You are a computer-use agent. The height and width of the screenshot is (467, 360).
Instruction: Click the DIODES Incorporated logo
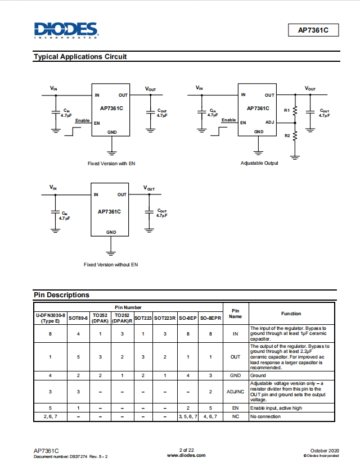66,30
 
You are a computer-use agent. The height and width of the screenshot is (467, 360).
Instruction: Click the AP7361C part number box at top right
313,30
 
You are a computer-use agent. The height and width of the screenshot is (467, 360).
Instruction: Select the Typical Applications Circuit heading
80,57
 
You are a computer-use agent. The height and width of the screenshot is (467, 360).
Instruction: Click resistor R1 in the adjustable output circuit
295,111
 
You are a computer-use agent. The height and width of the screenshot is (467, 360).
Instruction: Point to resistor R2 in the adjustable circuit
295,136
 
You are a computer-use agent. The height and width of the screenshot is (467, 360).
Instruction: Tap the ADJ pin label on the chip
269,122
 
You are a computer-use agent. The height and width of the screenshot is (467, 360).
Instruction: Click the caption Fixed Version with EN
111,164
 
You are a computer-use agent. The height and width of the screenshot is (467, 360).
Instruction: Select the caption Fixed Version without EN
111,265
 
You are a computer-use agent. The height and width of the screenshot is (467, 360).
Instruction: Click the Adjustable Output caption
259,163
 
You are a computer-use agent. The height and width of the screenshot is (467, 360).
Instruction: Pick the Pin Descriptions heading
61,295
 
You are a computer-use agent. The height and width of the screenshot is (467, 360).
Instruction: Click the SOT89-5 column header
78,318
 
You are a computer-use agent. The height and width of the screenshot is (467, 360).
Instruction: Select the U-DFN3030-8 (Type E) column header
51,318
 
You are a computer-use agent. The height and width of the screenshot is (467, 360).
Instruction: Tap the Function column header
291,314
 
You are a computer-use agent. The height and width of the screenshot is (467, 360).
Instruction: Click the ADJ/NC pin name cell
236,392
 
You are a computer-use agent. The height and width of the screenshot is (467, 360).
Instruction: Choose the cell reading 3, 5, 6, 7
188,416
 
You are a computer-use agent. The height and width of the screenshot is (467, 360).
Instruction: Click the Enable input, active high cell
276,408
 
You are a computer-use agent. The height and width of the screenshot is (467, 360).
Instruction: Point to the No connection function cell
265,416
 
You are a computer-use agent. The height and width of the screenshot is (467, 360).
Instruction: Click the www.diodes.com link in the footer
186,455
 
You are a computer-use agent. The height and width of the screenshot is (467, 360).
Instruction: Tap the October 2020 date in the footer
325,451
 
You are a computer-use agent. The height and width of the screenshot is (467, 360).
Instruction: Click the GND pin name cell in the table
236,375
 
